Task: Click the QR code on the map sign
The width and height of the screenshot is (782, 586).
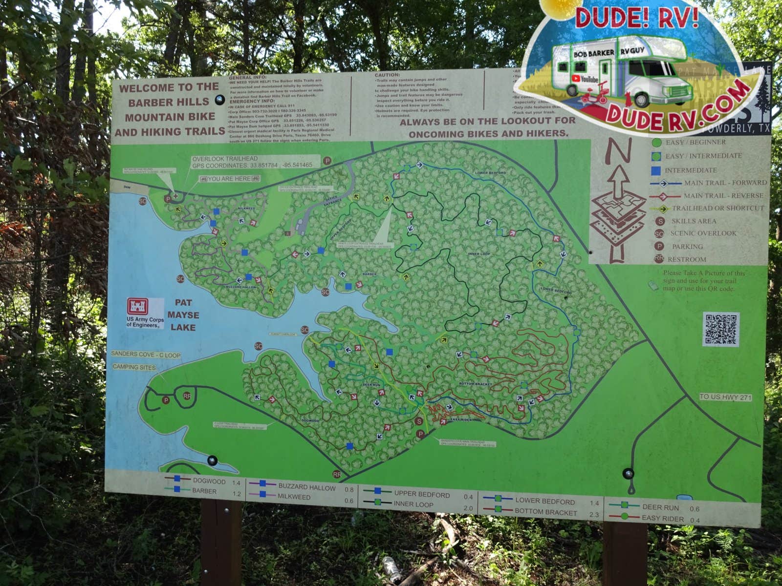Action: (720, 329)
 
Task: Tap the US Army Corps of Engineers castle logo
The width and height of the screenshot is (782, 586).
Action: (137, 307)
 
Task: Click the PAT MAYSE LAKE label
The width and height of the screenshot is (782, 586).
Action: (183, 315)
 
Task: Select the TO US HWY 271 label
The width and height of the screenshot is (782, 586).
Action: (725, 397)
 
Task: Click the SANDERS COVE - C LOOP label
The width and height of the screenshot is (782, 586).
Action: (146, 355)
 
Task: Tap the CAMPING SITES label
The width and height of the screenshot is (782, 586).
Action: (134, 367)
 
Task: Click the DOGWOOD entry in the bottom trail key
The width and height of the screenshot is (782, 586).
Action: (209, 481)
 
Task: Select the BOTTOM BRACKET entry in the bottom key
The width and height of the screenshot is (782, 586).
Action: (545, 512)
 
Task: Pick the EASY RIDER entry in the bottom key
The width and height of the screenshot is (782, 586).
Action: (662, 518)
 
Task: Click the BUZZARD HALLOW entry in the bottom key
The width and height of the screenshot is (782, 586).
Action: (307, 487)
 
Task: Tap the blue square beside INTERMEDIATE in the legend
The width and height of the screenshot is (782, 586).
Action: (656, 170)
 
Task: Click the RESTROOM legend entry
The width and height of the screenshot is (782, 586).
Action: (687, 259)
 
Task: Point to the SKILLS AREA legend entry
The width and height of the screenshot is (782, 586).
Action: (693, 221)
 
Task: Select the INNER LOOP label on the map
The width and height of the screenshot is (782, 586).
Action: (478, 254)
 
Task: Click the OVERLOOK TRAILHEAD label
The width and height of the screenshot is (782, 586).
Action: (225, 159)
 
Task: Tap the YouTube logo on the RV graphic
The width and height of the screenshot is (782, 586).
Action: (586, 79)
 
